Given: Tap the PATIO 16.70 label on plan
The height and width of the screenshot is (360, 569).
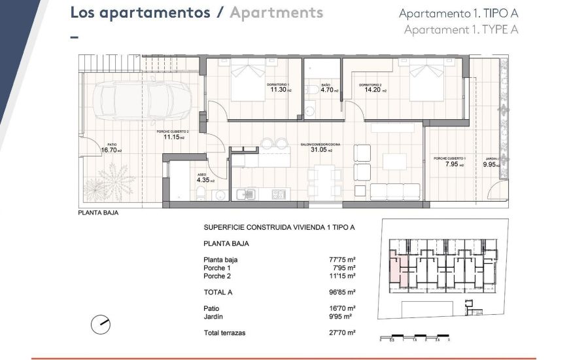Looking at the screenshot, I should point(111,150).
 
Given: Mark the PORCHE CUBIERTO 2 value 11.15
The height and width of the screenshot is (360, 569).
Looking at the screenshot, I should point(173,137).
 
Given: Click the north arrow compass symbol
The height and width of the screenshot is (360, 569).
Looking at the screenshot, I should point(101,323).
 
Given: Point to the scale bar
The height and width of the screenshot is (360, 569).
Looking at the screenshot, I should point(415,336).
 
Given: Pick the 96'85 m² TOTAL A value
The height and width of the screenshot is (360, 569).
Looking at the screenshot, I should point(342,292).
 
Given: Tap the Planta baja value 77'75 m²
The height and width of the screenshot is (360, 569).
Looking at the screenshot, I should point(342,260).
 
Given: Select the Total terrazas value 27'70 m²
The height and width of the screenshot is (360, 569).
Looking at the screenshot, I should point(342,333).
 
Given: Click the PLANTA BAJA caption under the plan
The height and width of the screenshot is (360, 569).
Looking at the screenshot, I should point(98,213).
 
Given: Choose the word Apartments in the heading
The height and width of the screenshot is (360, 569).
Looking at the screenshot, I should point(276,12).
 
